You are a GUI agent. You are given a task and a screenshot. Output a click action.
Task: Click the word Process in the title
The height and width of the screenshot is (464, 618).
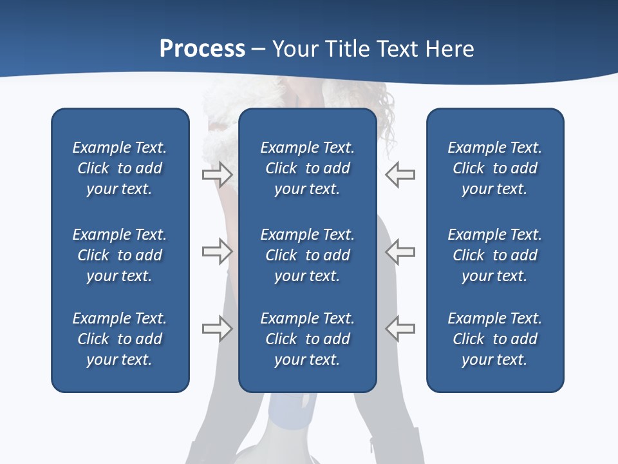(202, 49)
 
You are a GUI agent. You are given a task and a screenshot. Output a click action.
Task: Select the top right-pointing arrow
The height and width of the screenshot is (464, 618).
(218, 174)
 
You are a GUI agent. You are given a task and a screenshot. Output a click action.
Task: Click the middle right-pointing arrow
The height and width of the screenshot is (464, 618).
(218, 251)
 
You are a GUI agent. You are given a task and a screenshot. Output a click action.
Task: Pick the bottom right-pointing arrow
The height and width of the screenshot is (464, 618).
(218, 328)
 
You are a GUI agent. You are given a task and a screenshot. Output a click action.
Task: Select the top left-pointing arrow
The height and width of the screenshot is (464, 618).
(400, 174)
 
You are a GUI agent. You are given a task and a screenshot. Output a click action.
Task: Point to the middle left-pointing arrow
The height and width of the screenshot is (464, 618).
(400, 251)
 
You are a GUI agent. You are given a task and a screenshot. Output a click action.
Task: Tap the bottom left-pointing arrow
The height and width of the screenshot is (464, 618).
(400, 328)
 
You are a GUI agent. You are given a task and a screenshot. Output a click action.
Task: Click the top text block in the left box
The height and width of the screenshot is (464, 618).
(120, 168)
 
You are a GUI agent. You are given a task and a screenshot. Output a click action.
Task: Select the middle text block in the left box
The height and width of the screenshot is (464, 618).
(120, 255)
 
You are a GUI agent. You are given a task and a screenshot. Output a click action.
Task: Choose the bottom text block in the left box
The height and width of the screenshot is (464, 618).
(120, 339)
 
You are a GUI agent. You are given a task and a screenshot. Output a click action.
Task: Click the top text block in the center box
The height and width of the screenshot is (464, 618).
(307, 168)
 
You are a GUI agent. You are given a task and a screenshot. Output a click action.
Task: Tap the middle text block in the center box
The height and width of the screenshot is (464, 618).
(307, 255)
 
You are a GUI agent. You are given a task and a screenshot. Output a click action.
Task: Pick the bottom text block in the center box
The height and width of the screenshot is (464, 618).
(307, 339)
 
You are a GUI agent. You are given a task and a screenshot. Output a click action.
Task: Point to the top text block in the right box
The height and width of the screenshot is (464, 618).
(494, 168)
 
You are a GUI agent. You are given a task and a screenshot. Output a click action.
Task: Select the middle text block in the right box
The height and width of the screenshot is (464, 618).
(494, 255)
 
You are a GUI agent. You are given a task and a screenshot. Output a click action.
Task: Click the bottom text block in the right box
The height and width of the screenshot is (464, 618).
(494, 339)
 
